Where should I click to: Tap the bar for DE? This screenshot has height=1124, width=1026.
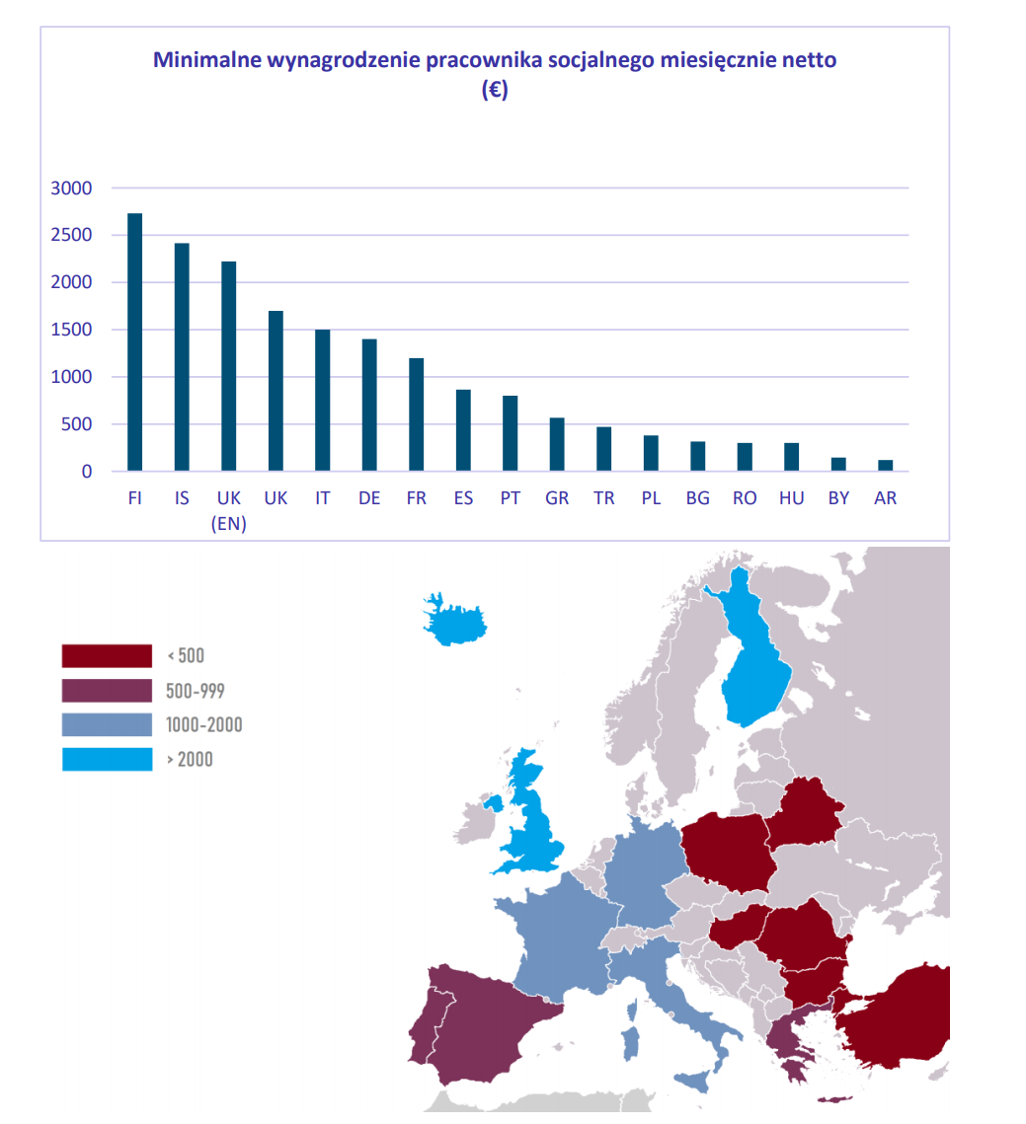click(369, 405)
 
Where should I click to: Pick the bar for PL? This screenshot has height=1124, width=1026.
click(651, 453)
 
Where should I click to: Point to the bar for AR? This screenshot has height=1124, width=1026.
click(885, 466)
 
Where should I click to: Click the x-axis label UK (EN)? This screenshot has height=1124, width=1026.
click(228, 510)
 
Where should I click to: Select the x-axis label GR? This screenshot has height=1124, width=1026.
click(557, 498)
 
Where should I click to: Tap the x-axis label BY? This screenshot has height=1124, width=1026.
click(838, 498)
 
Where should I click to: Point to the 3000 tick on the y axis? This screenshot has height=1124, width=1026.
click(71, 188)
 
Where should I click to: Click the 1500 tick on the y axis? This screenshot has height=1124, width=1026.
click(71, 331)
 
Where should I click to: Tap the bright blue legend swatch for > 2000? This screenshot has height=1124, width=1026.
click(107, 760)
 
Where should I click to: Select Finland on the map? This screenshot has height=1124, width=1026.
click(755, 671)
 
